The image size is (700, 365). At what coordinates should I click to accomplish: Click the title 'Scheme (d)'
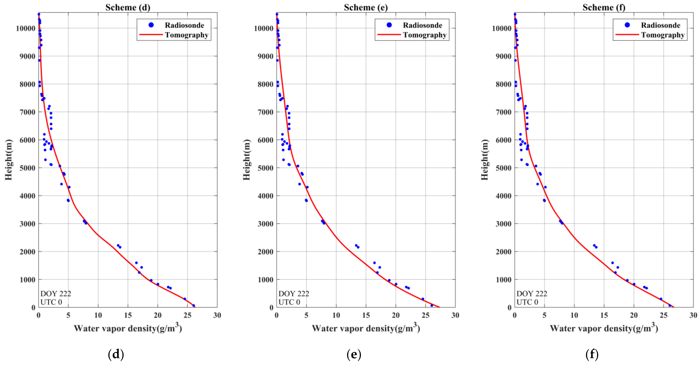pos(128,7)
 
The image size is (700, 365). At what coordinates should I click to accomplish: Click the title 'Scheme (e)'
pos(366,7)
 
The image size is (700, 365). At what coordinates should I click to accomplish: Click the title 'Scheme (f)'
pos(604,7)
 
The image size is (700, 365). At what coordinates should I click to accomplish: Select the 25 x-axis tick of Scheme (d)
pos(187,315)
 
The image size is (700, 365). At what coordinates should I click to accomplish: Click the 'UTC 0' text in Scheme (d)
pos(51,302)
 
